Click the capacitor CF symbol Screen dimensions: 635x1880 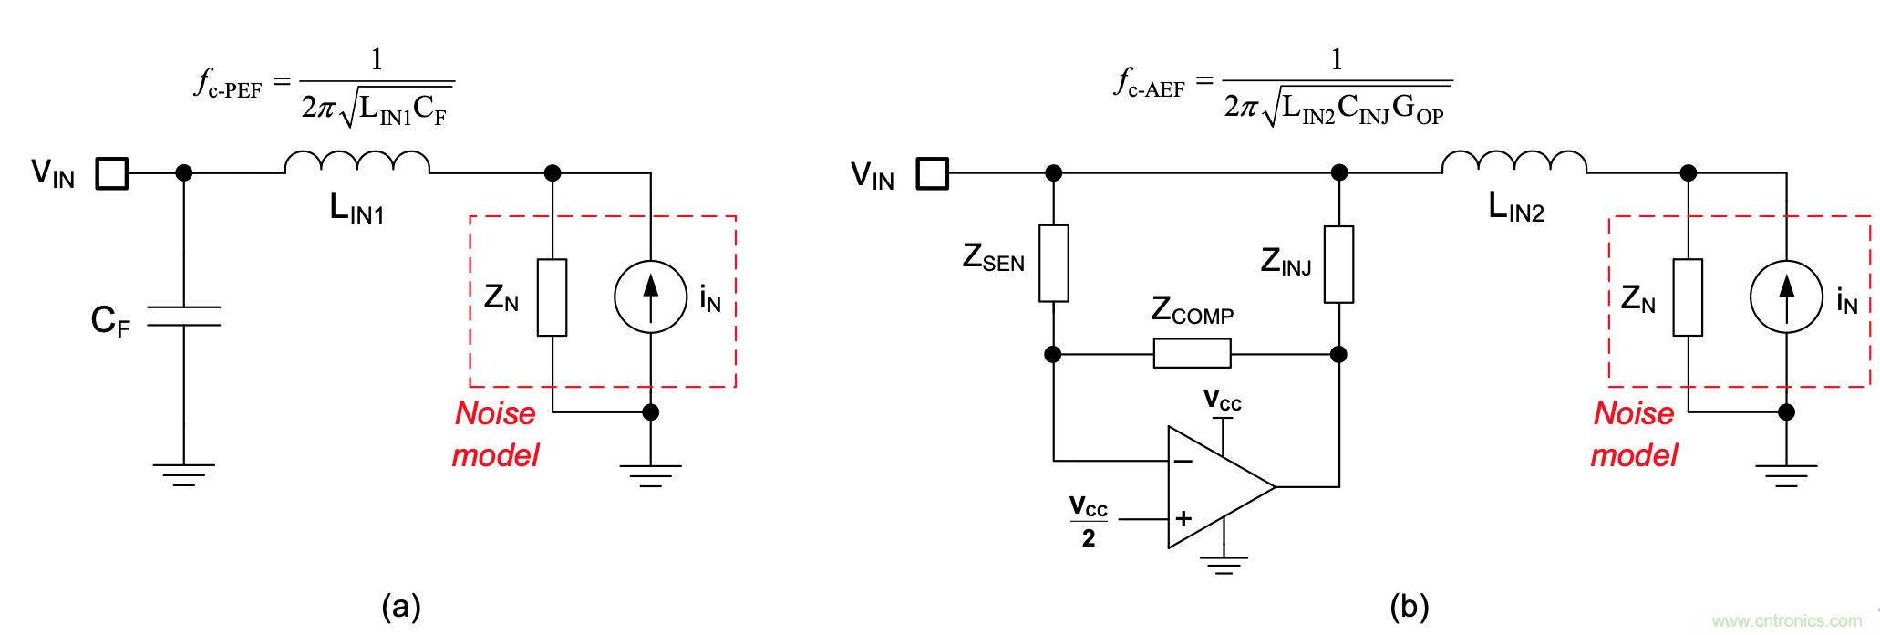click(x=184, y=316)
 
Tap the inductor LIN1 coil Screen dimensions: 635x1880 click(x=356, y=162)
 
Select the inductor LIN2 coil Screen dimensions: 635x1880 click(x=1513, y=162)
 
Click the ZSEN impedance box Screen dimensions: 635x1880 click(x=1054, y=263)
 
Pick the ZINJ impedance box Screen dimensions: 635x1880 click(x=1338, y=264)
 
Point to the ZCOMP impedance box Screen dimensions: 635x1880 click(x=1192, y=353)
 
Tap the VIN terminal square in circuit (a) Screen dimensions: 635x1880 click(x=112, y=173)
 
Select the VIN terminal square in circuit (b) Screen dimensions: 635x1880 click(x=932, y=173)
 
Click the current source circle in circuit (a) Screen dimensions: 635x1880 click(x=650, y=297)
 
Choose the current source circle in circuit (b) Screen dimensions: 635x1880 click(x=1786, y=297)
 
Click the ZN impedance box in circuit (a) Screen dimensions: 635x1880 click(x=552, y=297)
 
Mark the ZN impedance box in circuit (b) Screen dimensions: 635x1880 click(x=1688, y=297)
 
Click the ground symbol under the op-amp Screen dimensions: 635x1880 click(x=1224, y=565)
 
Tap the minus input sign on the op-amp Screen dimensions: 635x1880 click(x=1183, y=462)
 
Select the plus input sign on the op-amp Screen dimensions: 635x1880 click(x=1183, y=519)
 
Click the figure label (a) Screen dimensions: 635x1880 click(x=401, y=607)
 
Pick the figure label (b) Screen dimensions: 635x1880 click(x=1409, y=607)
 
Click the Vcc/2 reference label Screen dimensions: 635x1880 click(x=1089, y=521)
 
